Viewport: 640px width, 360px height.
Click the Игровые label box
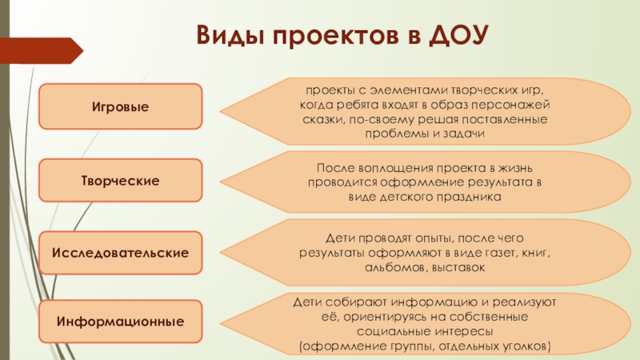pos(120,106)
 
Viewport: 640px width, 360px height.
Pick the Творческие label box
pos(120,181)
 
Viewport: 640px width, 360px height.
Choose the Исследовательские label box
pos(120,253)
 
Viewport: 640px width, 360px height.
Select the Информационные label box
pos(120,322)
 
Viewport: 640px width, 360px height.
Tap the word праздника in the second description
pos(466,196)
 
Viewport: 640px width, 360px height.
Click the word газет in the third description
pos(470,252)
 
